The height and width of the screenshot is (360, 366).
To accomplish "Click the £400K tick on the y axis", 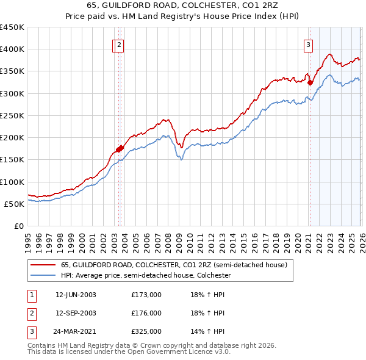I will [x=12, y=49].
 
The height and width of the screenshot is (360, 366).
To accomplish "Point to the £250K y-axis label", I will [x=12, y=115].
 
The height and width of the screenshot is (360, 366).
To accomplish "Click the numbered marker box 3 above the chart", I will [x=309, y=44].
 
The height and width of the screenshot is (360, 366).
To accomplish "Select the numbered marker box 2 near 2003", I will [x=120, y=44].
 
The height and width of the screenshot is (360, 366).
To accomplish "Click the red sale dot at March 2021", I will [x=310, y=82].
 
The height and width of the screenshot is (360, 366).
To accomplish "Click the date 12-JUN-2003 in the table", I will [x=76, y=295].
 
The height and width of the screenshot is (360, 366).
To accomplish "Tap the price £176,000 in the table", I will [x=146, y=313].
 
